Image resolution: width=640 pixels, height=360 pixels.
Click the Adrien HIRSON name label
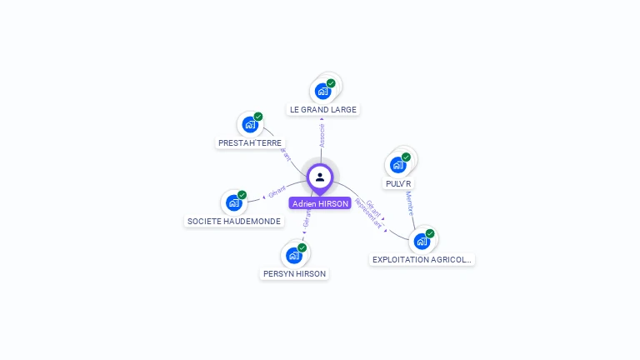coord(320,203)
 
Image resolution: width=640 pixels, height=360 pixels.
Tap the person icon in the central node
coord(320,177)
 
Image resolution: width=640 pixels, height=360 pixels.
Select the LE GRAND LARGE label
coord(322,109)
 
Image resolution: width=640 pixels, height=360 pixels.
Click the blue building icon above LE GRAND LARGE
coord(322,91)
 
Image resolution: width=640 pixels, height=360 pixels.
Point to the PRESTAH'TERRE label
coord(250,142)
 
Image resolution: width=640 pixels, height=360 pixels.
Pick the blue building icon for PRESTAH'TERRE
coord(250,124)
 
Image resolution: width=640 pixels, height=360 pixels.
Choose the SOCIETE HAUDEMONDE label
coord(234,221)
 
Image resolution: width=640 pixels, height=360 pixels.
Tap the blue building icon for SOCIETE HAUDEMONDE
coord(233,202)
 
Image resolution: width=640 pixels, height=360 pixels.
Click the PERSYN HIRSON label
coord(294,273)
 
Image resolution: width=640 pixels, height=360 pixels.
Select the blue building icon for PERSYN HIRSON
coord(293,255)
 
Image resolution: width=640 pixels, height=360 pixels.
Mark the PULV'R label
coord(398,183)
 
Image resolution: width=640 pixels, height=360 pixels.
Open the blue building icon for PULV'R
coord(397,165)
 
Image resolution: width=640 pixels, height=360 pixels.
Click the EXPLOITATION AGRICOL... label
coord(422,259)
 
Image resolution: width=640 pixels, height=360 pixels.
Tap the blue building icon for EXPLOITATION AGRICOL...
coord(422,241)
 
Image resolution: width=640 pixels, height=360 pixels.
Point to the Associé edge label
coord(322,136)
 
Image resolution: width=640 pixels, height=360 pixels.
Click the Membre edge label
coord(409,203)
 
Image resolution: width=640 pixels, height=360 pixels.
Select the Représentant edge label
coord(367,213)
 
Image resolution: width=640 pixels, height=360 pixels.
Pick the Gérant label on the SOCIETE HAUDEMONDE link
coord(277,191)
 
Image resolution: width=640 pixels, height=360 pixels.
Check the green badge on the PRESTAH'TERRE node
coord(258,117)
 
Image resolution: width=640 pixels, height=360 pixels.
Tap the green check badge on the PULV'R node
coord(406,157)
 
